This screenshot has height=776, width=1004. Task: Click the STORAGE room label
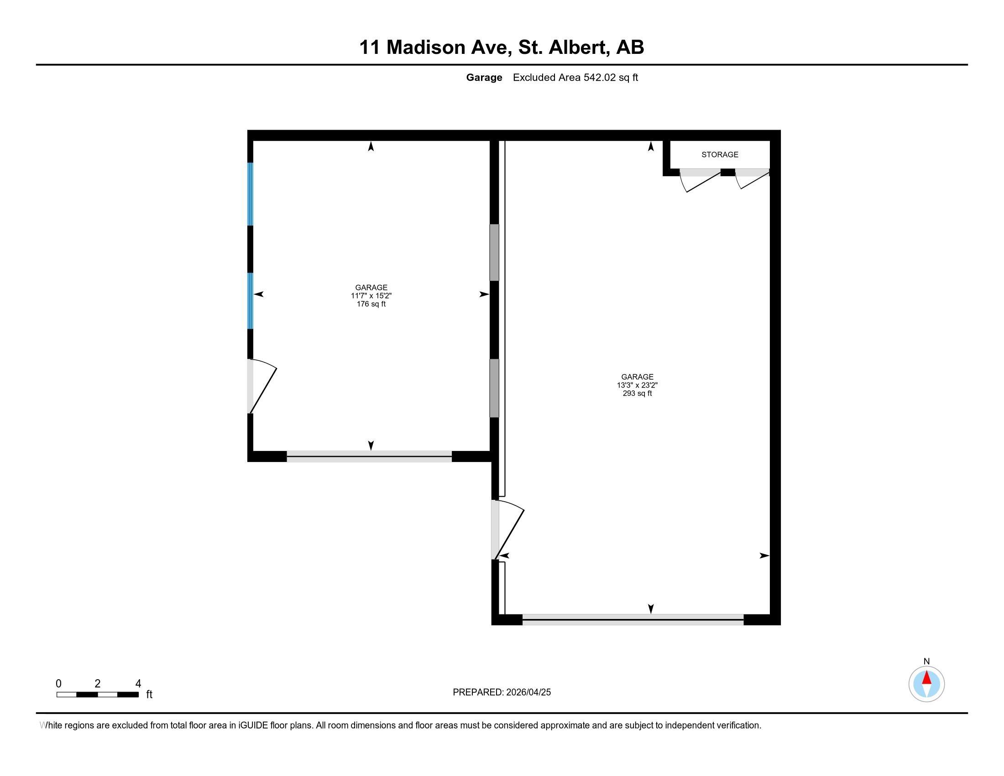tap(719, 154)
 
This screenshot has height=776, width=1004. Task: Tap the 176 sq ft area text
tap(371, 304)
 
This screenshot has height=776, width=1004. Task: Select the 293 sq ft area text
tap(637, 393)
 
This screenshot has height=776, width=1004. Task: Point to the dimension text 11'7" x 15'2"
tap(371, 296)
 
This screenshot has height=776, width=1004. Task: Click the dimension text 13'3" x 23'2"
tap(637, 385)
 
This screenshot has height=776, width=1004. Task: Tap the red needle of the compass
tap(926, 677)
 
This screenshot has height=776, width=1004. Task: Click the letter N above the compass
tap(926, 661)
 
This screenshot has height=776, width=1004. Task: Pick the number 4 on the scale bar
tap(138, 684)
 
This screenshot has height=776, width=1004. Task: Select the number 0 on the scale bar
tap(58, 684)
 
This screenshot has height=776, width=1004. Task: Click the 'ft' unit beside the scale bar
tap(149, 695)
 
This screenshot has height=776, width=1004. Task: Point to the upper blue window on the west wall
tap(251, 194)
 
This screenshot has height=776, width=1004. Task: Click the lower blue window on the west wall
tap(251, 301)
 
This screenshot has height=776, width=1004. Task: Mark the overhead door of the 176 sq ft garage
tap(369, 456)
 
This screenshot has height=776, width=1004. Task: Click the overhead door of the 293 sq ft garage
tap(633, 620)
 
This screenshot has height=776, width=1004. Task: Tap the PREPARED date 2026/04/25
tap(528, 692)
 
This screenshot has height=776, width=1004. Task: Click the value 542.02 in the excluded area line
tap(600, 78)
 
